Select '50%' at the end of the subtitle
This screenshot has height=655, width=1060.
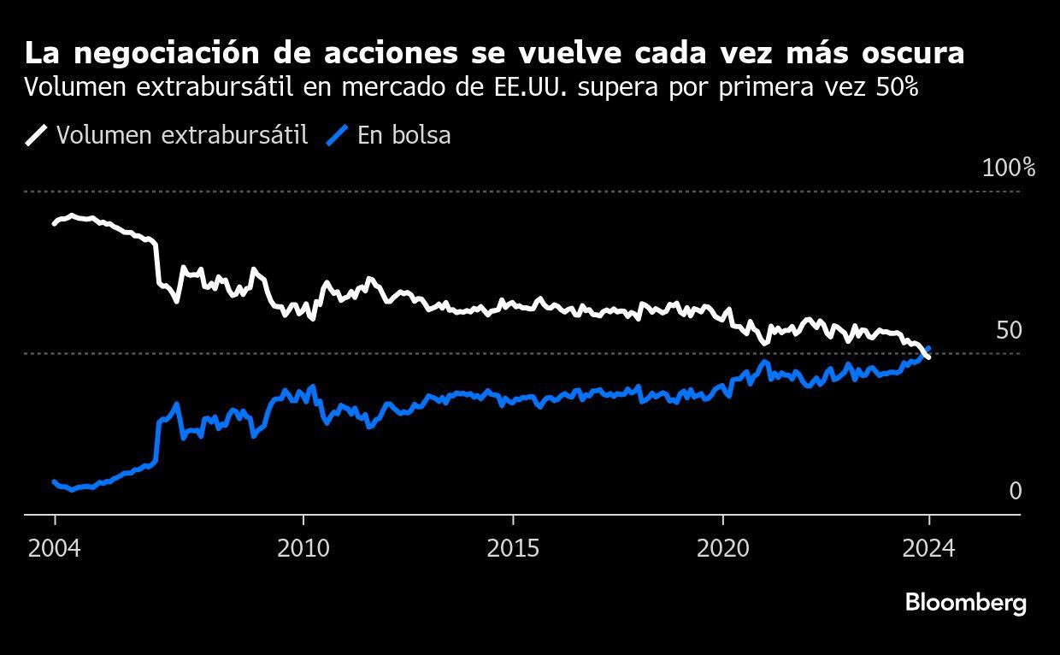(x=897, y=87)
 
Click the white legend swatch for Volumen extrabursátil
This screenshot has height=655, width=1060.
(x=37, y=135)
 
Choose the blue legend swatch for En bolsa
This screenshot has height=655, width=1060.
(x=338, y=135)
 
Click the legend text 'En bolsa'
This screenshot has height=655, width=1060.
(x=404, y=135)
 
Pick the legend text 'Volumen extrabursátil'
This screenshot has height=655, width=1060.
(x=182, y=135)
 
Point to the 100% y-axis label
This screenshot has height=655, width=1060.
(x=1009, y=168)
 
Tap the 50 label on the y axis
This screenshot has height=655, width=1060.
(x=1009, y=330)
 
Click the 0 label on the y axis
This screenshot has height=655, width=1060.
(x=1016, y=491)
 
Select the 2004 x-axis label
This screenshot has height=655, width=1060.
(x=55, y=547)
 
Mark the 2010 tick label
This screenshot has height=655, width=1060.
(x=303, y=547)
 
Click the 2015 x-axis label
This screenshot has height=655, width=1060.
(x=513, y=547)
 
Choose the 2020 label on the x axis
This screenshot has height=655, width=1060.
(x=723, y=547)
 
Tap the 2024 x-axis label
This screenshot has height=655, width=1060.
(x=928, y=547)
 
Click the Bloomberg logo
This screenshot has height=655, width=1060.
(x=966, y=603)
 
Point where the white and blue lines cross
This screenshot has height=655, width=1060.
(x=925, y=351)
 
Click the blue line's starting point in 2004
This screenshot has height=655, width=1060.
(x=54, y=482)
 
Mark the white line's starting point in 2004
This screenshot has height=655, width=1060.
(x=54, y=223)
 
